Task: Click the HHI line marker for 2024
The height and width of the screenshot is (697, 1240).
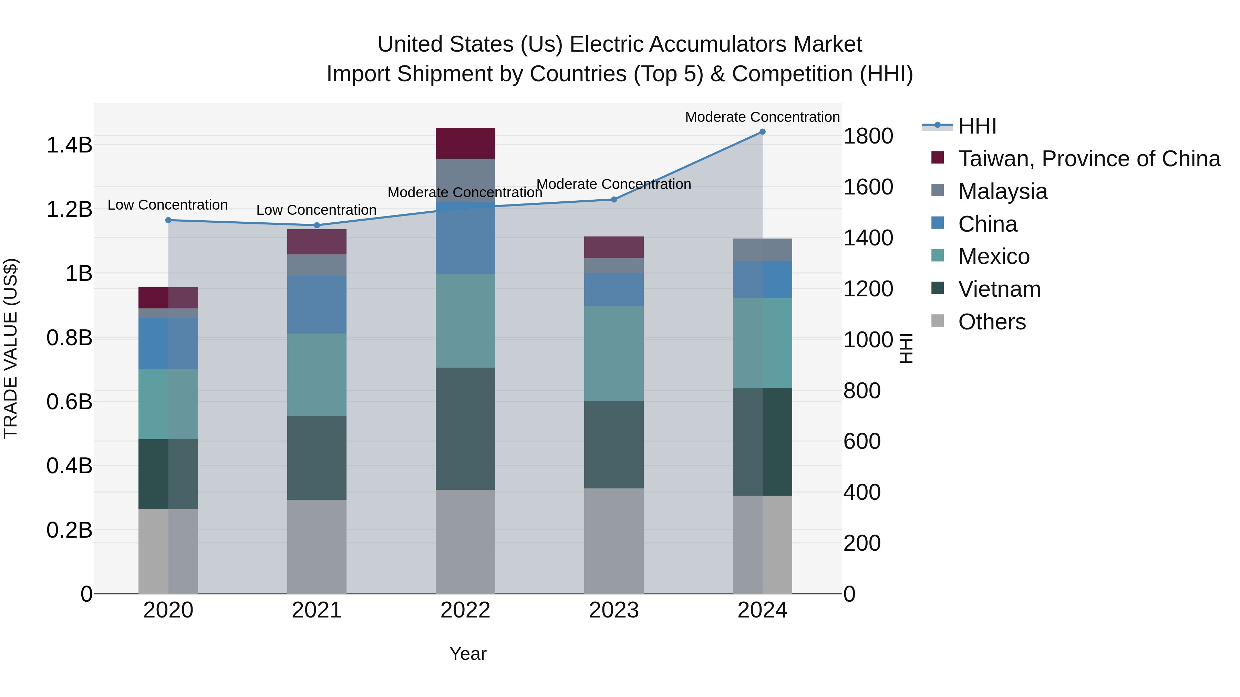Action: pos(762,132)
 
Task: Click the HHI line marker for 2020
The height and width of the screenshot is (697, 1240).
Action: pos(168,220)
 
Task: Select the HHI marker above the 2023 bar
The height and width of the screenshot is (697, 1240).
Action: pos(614,199)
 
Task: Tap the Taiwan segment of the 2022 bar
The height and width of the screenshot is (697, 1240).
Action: pos(465,143)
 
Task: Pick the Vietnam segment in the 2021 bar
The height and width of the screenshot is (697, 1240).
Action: pos(317,457)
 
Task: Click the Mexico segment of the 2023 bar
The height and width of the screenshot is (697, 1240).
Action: pos(614,353)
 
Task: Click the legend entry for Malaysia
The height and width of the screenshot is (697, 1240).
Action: pos(1002,191)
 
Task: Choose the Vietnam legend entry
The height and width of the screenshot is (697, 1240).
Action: pos(999,289)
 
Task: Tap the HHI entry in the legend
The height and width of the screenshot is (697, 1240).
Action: pos(977,126)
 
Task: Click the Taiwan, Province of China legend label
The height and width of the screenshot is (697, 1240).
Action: pos(1089,159)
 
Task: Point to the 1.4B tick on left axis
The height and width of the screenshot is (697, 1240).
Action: pos(69,145)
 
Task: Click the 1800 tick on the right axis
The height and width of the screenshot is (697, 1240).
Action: pos(868,136)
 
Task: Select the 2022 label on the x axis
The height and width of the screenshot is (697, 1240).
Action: pos(465,610)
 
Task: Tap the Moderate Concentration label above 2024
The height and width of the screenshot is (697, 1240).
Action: pos(762,117)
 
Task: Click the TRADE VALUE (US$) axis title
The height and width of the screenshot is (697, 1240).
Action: pos(11,348)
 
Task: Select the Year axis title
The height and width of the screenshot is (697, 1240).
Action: pos(467,654)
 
